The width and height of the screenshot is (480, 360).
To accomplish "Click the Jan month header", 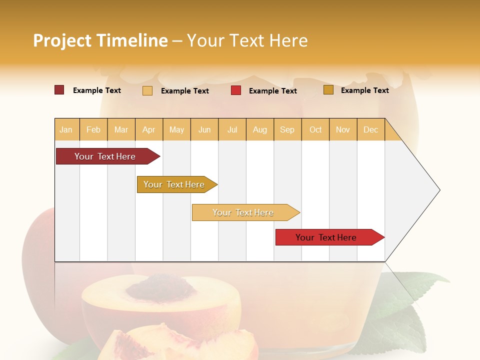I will pos(66,129).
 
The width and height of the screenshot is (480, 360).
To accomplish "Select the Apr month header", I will pos(149,129).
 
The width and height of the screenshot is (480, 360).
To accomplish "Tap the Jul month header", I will pos(232,129).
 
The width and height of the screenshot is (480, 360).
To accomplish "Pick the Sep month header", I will pos(287,129).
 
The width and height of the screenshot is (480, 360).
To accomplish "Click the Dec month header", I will pos(370,129).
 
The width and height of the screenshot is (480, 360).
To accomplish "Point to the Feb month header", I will pos(93,129).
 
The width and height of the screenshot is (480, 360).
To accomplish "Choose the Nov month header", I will pos(342,129).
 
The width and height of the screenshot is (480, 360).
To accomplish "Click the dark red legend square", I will pos(59,90).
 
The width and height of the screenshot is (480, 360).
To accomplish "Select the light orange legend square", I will pos(147,90).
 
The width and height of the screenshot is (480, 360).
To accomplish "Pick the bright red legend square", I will pos(236,90).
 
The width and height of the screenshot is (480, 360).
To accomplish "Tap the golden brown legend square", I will pos(328,90).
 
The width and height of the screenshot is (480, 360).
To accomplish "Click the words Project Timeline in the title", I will pos(100,40).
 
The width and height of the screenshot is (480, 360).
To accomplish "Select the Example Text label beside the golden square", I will pos(364,90).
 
